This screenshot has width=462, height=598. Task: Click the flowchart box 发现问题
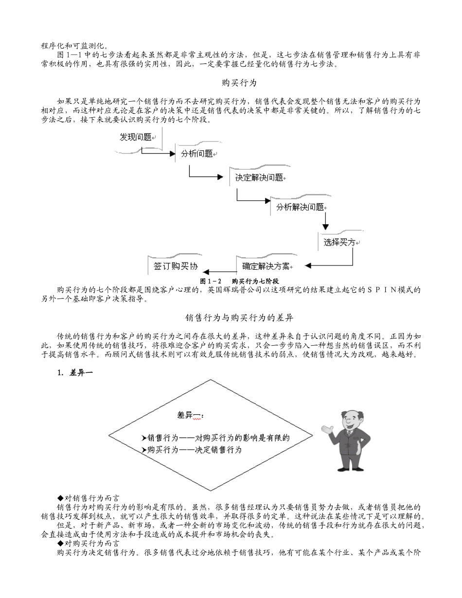(136, 138)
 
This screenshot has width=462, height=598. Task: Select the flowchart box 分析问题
(196, 154)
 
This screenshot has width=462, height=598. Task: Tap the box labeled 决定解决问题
(259, 177)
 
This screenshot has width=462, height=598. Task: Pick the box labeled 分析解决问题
(300, 207)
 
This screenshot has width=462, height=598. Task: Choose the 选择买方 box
(340, 242)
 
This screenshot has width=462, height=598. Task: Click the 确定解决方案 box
(266, 266)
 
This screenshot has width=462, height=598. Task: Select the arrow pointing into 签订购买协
(214, 271)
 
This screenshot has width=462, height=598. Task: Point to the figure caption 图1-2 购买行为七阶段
(239, 281)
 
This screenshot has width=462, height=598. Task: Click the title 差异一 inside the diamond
(190, 415)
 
